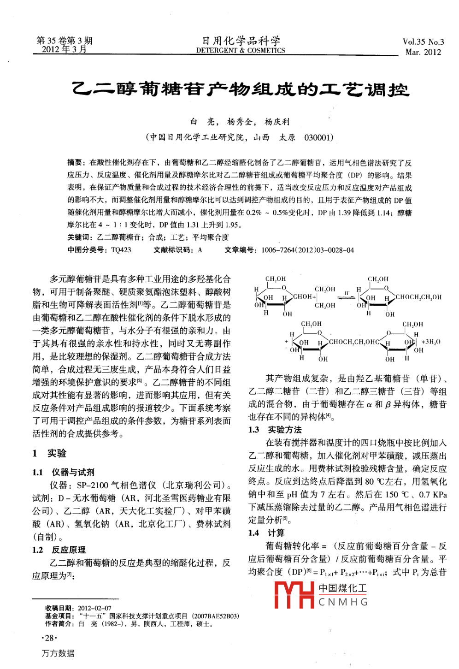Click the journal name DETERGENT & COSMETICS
(x=241, y=50)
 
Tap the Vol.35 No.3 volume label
(x=423, y=42)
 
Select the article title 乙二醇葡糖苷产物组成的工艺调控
(x=241, y=89)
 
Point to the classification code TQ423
(x=121, y=250)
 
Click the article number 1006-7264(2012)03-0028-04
(x=307, y=250)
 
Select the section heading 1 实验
(x=49, y=453)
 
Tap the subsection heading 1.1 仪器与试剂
(x=63, y=472)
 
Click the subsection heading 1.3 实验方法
(x=275, y=430)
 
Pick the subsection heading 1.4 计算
(x=266, y=533)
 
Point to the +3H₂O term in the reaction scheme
(x=431, y=342)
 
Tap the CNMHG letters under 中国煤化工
(x=343, y=602)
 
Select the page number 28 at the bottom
(x=49, y=638)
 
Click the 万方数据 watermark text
(x=58, y=653)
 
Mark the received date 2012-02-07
(x=94, y=608)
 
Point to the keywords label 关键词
(x=81, y=237)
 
